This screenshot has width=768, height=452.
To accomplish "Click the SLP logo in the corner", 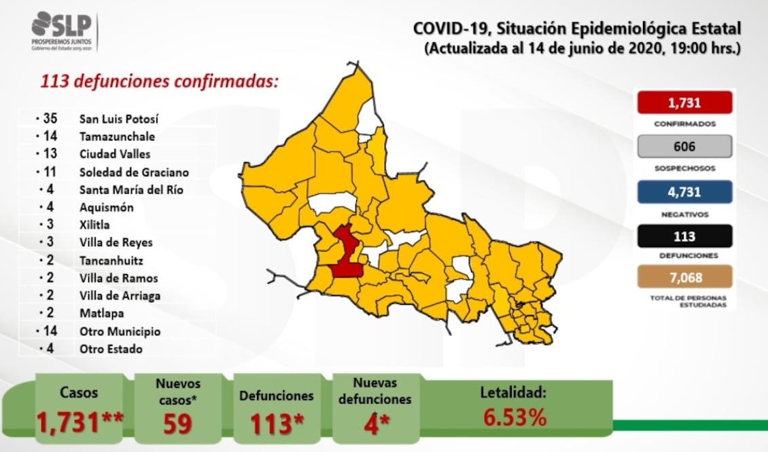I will pos(64,31).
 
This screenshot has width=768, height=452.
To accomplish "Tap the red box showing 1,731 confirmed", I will pos(684,103).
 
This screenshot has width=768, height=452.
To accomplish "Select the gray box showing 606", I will pos(684,147).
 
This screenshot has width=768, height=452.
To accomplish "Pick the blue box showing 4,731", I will pos(684,191).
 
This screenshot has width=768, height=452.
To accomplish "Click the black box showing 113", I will pos(684,236).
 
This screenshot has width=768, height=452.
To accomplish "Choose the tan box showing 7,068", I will pos(684,277).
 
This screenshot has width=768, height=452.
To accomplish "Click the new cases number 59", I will pos(178,423).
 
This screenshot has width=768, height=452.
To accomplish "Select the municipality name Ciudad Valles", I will pos(114,155).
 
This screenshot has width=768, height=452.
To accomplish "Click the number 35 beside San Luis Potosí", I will pos(48,119).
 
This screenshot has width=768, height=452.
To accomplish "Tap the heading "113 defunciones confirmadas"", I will pos(159,82).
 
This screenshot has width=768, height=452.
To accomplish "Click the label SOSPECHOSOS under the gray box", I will pos(684,168).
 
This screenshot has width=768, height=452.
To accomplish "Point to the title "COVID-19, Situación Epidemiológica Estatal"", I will pos(577,29).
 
